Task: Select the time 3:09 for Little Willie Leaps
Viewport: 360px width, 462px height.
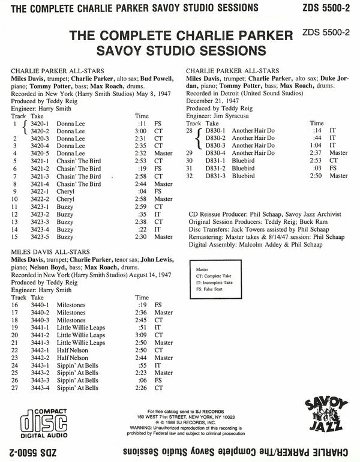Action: coord(142,335)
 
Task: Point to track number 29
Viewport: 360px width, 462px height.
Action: coord(189,152)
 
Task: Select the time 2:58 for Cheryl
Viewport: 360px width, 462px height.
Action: coord(142,199)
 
